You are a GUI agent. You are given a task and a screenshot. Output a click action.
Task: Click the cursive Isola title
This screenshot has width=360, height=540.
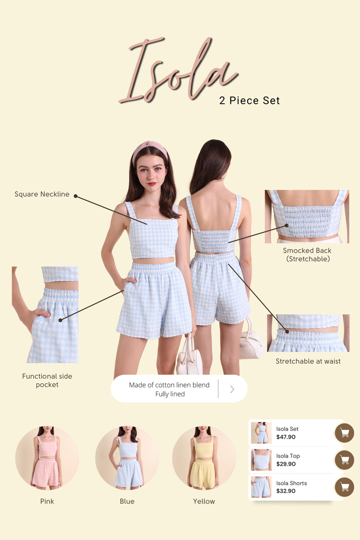coord(178,71)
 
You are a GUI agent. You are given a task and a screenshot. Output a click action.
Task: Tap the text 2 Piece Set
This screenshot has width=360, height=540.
coord(249,101)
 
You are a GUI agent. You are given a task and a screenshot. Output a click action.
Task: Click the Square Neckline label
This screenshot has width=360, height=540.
coord(42,194)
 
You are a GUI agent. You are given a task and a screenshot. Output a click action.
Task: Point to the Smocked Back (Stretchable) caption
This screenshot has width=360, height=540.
coord(307,255)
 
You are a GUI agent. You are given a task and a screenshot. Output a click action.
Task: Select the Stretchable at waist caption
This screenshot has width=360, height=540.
coord(308,361)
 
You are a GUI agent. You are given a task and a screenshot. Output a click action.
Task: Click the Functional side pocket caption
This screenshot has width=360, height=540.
coord(47,380)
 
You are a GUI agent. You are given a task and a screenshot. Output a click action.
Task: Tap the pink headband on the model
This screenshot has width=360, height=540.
coord(150,150)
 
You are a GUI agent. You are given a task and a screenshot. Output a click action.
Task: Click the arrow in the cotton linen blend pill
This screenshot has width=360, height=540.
coord(232,389)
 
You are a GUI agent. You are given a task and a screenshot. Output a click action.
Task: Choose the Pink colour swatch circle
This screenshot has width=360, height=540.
coord(47,458)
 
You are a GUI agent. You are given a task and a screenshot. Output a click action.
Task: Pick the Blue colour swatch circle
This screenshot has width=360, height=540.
coord(128,458)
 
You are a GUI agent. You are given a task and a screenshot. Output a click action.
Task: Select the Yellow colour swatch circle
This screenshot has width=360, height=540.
coord(204,458)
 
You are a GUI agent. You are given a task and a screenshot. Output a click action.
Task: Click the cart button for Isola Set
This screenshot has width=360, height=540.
coord(345,432)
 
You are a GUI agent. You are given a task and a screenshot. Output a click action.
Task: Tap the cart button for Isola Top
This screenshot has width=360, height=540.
coord(345,460)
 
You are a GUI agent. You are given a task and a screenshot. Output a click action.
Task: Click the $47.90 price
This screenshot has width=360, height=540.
coord(286,437)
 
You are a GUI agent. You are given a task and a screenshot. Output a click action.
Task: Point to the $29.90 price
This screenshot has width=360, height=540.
coord(286,464)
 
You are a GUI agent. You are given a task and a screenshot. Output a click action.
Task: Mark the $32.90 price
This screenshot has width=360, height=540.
coord(286,491)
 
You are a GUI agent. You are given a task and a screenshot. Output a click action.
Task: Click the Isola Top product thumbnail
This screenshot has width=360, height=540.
coord(261,460)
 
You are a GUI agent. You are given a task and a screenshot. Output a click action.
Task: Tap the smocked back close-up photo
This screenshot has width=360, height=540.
coord(307,217)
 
